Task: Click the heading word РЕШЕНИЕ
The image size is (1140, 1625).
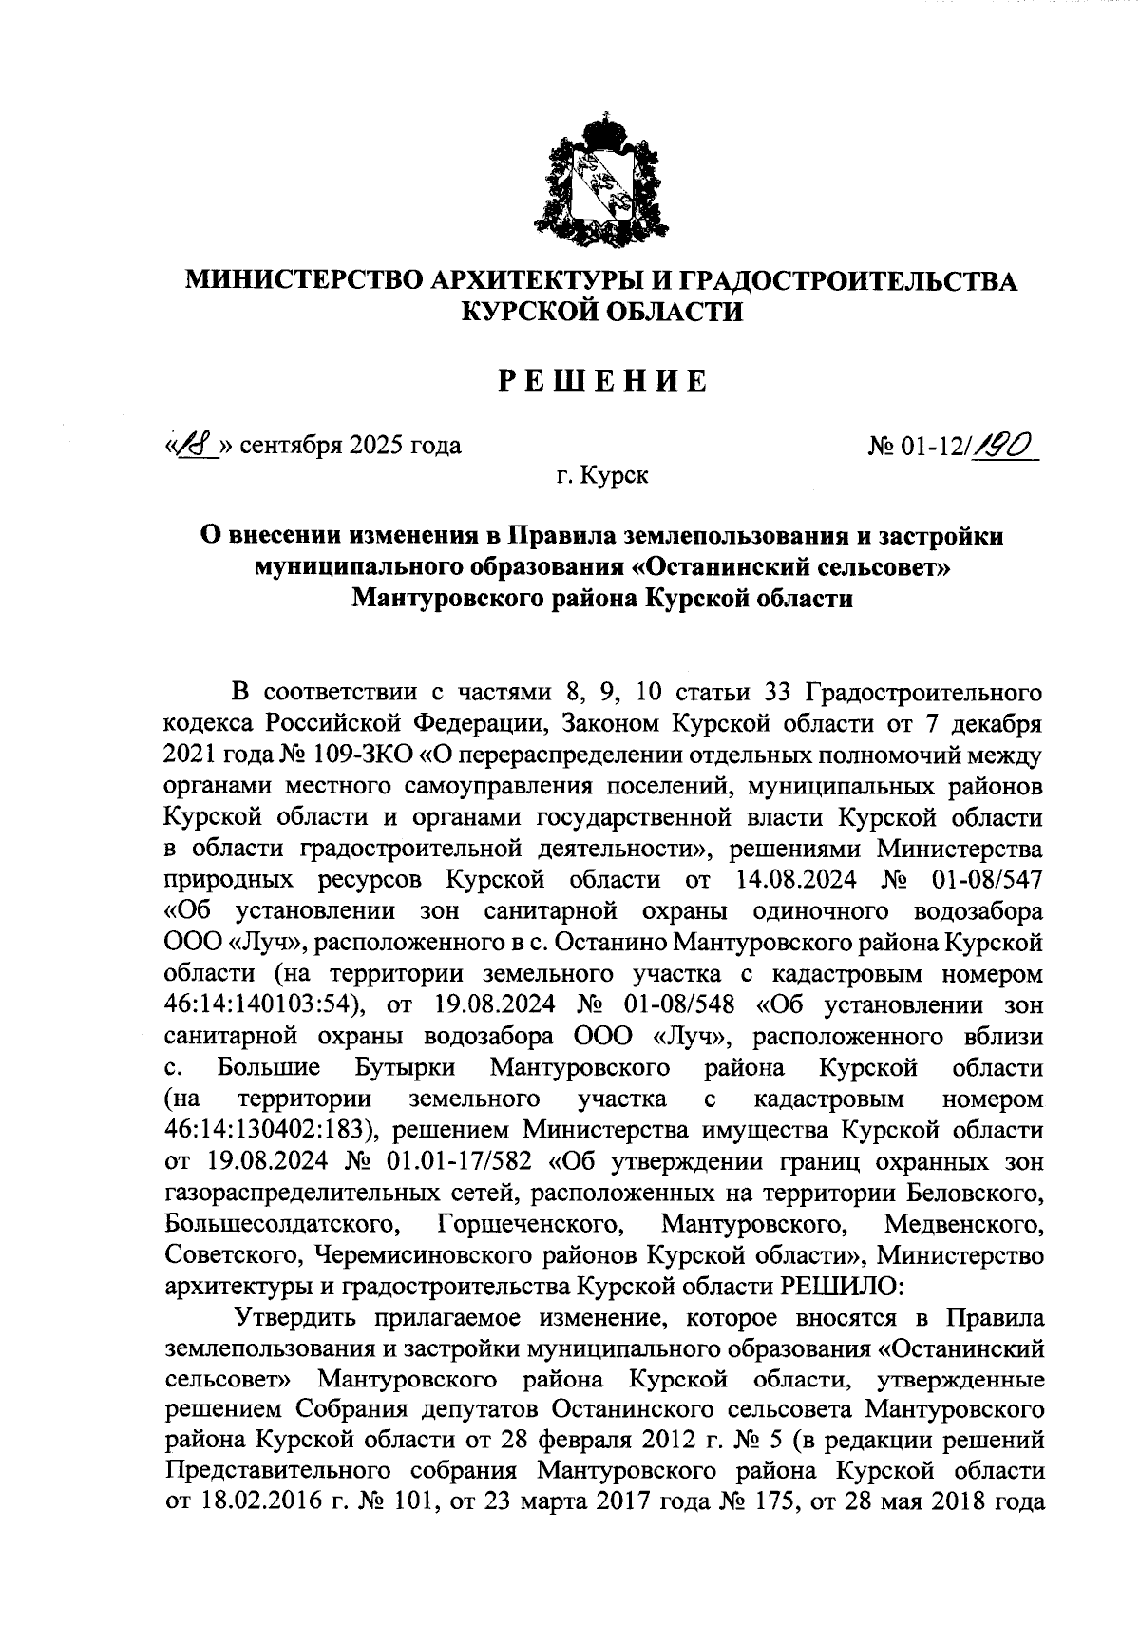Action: click(x=603, y=381)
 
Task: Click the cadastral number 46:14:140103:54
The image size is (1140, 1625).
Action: click(x=260, y=1005)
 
